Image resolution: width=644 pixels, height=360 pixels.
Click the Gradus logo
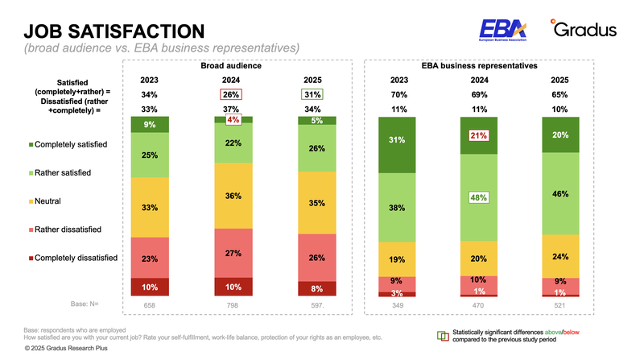coord(584,29)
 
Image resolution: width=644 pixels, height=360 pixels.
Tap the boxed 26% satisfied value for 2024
coord(231,94)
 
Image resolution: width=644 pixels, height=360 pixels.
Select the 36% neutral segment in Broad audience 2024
coord(233,196)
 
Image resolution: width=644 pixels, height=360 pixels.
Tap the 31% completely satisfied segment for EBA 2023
coord(396,139)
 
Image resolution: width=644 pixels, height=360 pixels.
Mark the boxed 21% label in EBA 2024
coord(478,136)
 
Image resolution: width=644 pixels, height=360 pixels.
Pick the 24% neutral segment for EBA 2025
coord(559,257)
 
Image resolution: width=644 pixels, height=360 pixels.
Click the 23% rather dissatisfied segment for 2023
coord(149,259)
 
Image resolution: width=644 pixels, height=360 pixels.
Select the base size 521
coord(559,306)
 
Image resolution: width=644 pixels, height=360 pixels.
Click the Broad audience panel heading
coord(232,65)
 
